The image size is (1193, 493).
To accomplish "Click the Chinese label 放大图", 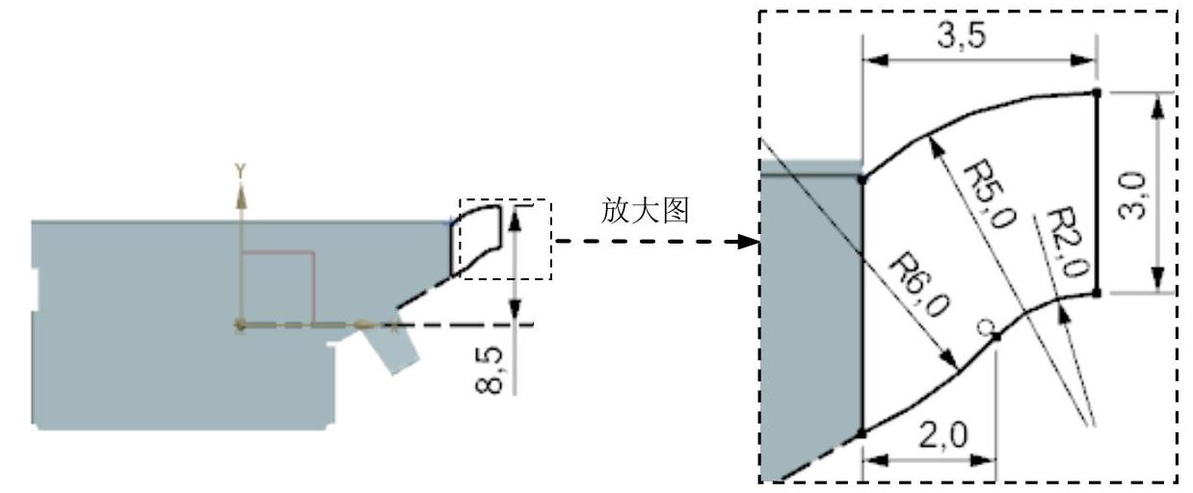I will pos(645,211).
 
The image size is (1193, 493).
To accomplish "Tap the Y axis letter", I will pos(242,170).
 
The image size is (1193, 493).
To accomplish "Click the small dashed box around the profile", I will pos(506,240).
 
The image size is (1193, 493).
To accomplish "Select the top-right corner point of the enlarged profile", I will pos(1097,92).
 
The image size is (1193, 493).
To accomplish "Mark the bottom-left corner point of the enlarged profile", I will pos(862,433).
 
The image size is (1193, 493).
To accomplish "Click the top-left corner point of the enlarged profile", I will pos(862,178).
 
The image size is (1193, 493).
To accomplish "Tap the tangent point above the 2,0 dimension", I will pos(996,335).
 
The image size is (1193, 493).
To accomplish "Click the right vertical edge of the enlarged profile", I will pos(1097,193).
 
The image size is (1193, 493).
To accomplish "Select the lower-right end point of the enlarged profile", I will pos(1097,293).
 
